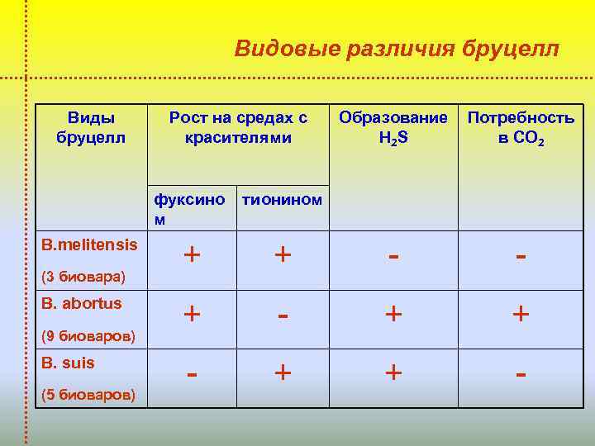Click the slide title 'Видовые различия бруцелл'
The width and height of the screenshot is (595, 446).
coord(397,49)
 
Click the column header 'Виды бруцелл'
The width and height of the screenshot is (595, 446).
coord(91,127)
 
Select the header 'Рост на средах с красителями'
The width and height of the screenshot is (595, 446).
coord(238,127)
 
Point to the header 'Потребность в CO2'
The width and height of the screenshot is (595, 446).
coord(521,127)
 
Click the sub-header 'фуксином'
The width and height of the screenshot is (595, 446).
coord(190,207)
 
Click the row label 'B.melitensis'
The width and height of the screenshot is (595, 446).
coord(89,244)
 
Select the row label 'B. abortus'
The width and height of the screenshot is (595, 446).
coord(81,303)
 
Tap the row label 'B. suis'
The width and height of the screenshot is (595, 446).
coord(68,363)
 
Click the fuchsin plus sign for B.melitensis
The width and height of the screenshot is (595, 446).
coord(192,254)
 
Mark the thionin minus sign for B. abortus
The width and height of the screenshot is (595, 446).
coord(283,314)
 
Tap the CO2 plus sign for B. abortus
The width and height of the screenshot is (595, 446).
coord(521,315)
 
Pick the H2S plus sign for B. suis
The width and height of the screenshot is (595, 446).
coord(393,373)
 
